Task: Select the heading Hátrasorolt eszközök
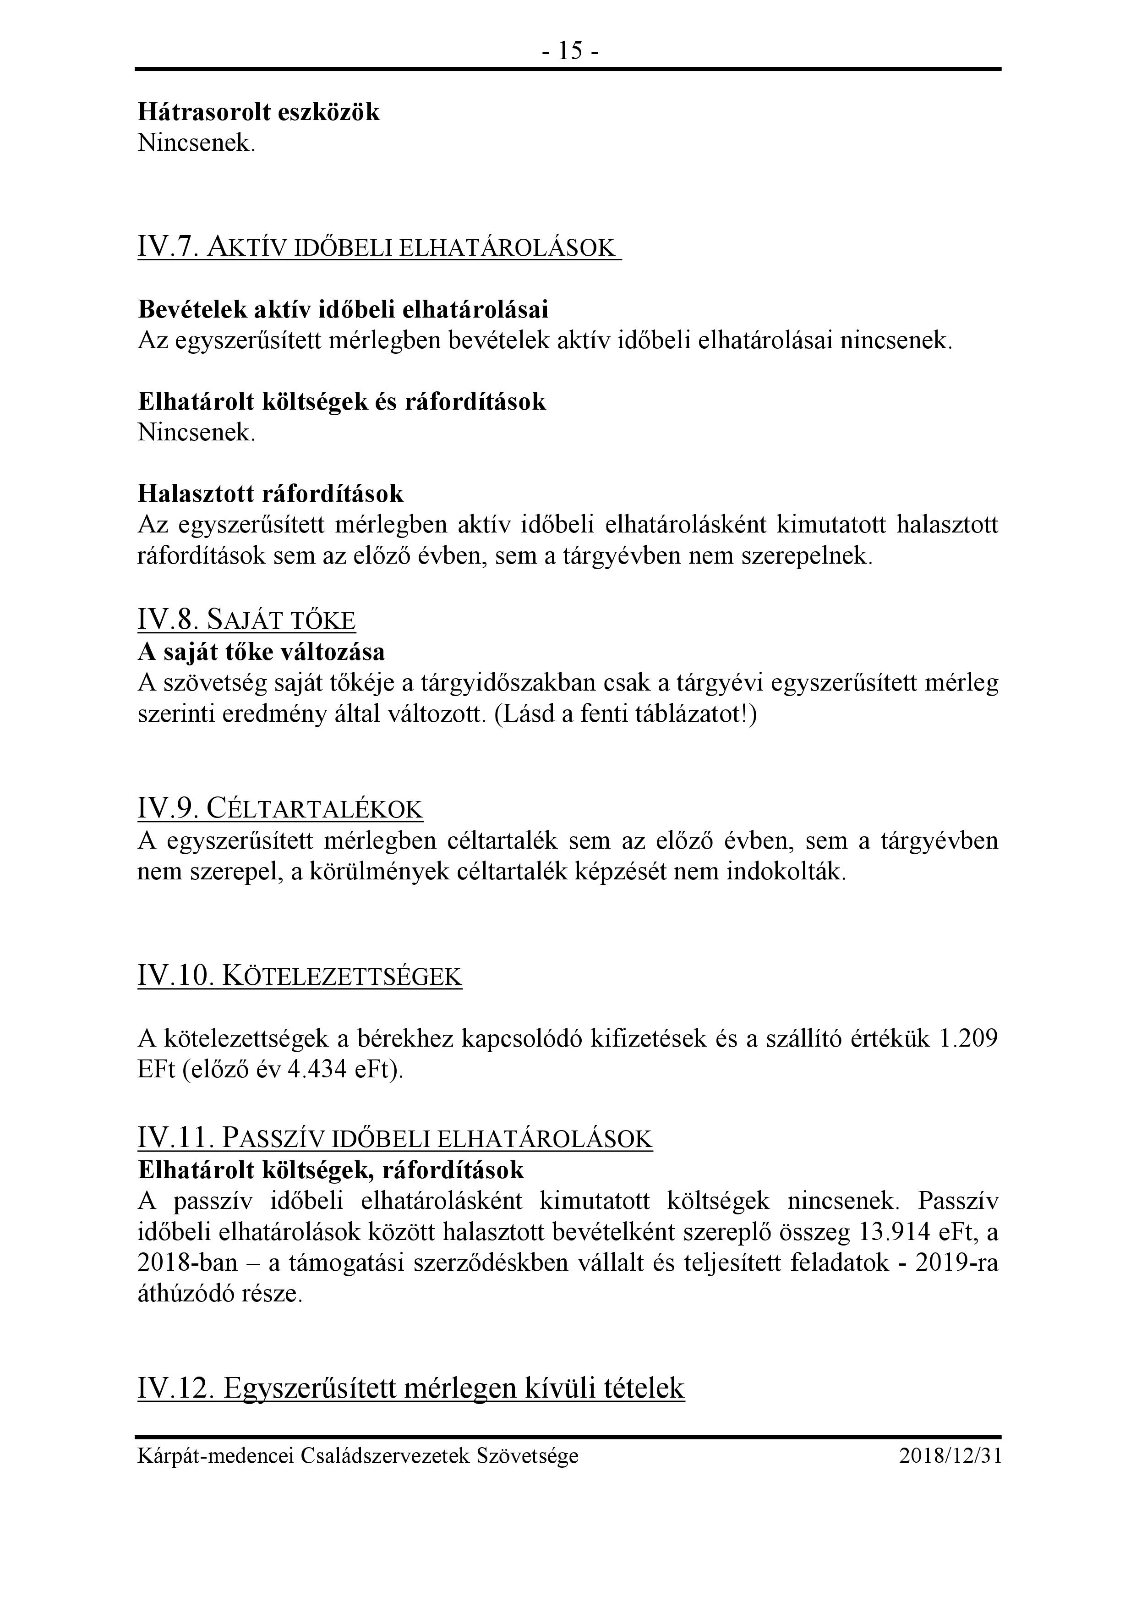point(258,112)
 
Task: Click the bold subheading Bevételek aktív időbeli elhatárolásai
point(343,309)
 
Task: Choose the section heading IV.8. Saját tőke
point(246,620)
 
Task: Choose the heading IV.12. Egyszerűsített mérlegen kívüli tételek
point(411,1388)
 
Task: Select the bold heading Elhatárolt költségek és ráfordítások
point(342,401)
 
